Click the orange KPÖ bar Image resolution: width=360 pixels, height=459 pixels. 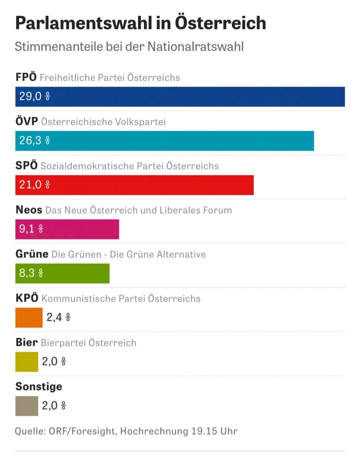[29, 317]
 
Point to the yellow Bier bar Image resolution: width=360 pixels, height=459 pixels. [26, 361]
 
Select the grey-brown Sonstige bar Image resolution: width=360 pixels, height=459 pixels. [26, 406]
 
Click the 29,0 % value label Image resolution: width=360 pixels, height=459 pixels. [34, 96]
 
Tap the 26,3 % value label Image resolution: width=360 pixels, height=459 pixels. [34, 140]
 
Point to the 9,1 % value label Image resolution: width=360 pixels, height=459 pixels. [31, 229]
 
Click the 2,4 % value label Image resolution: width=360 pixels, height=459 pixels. [58, 317]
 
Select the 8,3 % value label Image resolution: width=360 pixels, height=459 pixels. [31, 273]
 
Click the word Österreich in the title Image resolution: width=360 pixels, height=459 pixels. [221, 24]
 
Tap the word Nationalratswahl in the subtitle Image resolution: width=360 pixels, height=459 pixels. [196, 47]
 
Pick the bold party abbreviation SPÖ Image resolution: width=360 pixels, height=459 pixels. [26, 166]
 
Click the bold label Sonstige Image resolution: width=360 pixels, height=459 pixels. [39, 386]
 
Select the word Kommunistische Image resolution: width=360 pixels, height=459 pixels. [73, 298]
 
